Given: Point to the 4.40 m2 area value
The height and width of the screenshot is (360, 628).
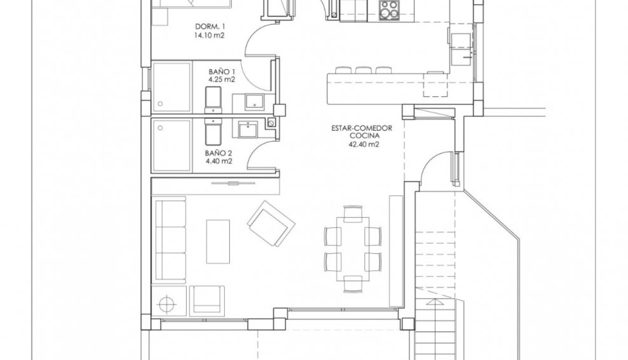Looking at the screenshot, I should (x=219, y=161).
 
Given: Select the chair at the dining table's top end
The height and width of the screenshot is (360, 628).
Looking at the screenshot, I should (x=353, y=213).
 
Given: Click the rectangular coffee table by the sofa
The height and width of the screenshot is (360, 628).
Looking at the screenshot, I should (x=218, y=241).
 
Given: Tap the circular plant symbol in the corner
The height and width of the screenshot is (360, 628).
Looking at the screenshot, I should (x=167, y=302).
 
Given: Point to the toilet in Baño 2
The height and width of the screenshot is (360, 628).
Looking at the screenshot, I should (x=212, y=132).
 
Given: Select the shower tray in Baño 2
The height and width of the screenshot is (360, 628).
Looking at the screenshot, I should (x=171, y=146).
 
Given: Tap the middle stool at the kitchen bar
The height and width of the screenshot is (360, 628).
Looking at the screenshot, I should (x=363, y=70).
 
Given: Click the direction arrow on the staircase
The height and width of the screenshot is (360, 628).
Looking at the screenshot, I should (x=432, y=302).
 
